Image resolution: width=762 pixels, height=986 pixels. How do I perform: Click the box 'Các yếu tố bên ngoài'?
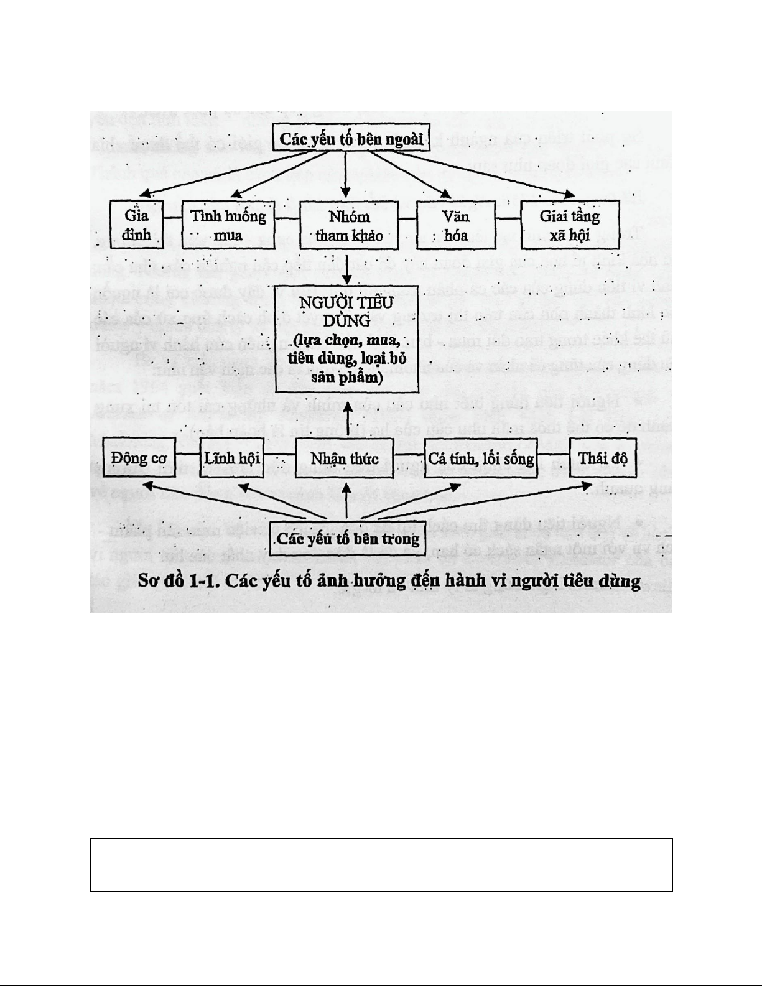(351, 138)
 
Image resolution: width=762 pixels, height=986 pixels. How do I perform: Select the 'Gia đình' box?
(137, 225)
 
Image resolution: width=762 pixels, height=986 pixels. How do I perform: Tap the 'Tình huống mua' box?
(228, 225)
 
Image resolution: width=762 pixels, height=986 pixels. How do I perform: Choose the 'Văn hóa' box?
(455, 225)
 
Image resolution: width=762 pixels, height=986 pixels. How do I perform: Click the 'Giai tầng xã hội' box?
(569, 225)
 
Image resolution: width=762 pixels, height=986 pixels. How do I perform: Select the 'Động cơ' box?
(139, 458)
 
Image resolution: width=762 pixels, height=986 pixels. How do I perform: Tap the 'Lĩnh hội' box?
(232, 458)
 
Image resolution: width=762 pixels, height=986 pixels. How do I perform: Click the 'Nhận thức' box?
(345, 458)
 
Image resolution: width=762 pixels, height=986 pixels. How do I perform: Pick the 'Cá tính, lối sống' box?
(481, 458)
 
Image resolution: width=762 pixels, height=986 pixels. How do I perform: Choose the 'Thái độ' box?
(603, 458)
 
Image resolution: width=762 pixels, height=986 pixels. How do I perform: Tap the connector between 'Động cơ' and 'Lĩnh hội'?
(188, 458)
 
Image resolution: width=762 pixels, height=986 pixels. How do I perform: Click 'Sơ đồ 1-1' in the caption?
(177, 582)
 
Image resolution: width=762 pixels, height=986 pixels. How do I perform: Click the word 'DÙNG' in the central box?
(348, 321)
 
